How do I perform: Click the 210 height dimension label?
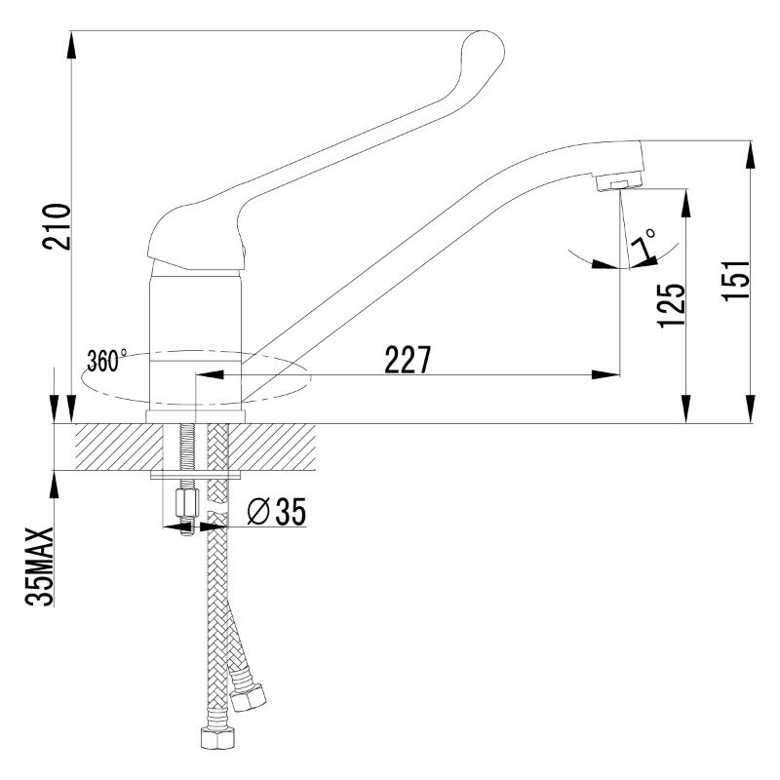click(57, 226)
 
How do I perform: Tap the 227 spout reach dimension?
click(408, 360)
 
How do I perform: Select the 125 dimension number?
click(671, 305)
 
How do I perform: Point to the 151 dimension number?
click(736, 280)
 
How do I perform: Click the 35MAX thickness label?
click(39, 566)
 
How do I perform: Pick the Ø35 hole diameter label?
click(277, 511)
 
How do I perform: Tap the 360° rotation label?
click(106, 360)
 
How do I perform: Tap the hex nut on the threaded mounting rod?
click(187, 503)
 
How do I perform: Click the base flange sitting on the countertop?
click(196, 417)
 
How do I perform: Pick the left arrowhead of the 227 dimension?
click(210, 374)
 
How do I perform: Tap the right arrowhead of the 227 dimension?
click(606, 374)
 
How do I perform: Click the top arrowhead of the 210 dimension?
click(71, 45)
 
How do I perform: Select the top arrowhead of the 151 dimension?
click(751, 155)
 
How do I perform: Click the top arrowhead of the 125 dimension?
click(686, 203)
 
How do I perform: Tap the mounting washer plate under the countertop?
click(196, 476)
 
